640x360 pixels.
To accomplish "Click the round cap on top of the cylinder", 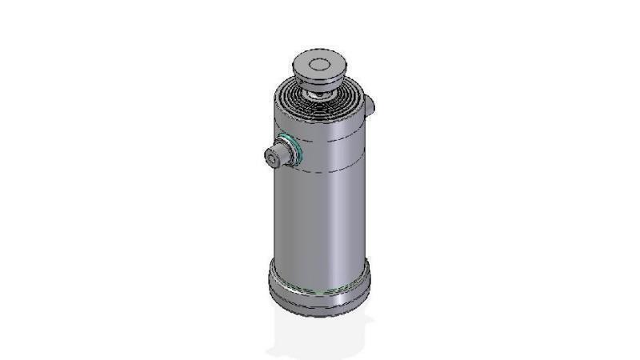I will click(x=319, y=66).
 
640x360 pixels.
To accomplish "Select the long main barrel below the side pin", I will click(x=320, y=216).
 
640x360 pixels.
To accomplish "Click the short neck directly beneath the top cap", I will click(x=321, y=90).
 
